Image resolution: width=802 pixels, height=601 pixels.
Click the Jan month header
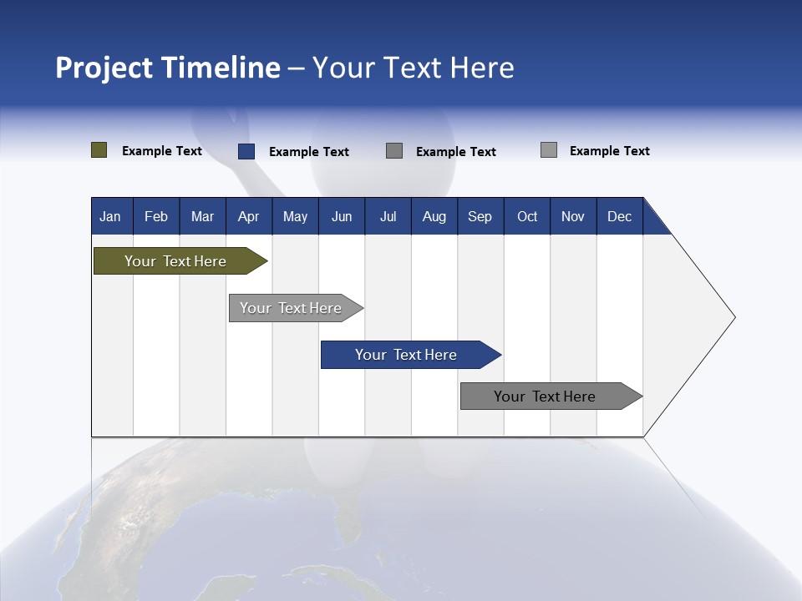pos(111,216)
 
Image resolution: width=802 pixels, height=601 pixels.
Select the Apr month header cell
pos(249,216)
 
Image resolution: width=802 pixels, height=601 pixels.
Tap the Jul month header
pos(388,216)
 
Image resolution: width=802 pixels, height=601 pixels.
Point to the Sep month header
pos(480,216)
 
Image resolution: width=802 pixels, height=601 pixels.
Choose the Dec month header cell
pos(619,216)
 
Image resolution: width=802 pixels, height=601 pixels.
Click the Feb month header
pos(156,216)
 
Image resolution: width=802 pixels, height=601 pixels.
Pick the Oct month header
pos(527,216)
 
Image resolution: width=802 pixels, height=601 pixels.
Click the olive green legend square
pos(99,150)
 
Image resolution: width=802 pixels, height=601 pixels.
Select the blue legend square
pos(246,151)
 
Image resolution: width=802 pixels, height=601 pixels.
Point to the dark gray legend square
pos(394,151)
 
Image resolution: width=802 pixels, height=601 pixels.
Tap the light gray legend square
pos(548,150)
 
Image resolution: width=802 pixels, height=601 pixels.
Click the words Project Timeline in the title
pos(167,68)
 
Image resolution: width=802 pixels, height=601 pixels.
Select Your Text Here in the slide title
pos(413,68)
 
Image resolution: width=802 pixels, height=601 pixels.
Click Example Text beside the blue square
pos(308,152)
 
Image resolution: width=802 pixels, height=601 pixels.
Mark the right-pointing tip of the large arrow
pos(733,317)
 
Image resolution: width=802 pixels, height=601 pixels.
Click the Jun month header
pos(342,216)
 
